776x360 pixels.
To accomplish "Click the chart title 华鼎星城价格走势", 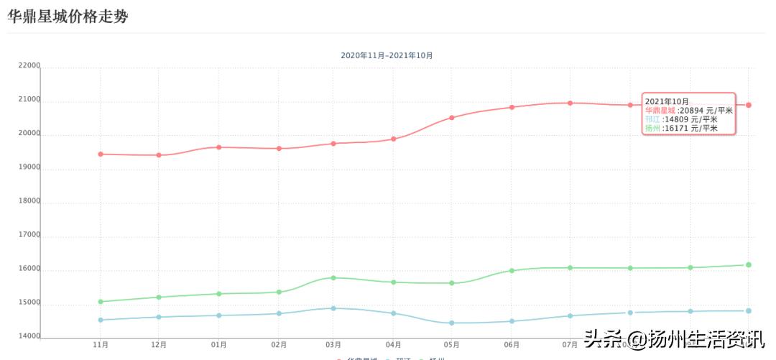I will [x=68, y=16].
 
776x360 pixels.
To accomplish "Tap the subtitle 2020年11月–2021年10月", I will [x=387, y=55].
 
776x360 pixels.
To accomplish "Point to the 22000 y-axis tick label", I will [x=29, y=65].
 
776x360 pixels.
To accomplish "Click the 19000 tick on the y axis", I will [x=29, y=167].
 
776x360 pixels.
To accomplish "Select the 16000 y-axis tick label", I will [x=29, y=269].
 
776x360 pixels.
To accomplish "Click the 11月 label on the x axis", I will [x=101, y=345].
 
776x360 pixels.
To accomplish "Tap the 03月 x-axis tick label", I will [x=333, y=345].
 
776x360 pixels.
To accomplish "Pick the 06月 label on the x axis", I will [x=512, y=345].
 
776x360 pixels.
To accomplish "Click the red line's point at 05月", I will [x=452, y=118].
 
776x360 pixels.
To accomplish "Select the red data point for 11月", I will [x=101, y=154].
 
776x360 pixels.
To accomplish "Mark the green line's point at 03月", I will [x=333, y=278].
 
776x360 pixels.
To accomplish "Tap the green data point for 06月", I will [x=512, y=271].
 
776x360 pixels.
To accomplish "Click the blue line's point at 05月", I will [x=452, y=323].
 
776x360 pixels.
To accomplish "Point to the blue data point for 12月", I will [x=159, y=317].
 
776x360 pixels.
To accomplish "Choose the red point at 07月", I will [x=570, y=103].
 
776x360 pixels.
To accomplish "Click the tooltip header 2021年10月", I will [x=667, y=101].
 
